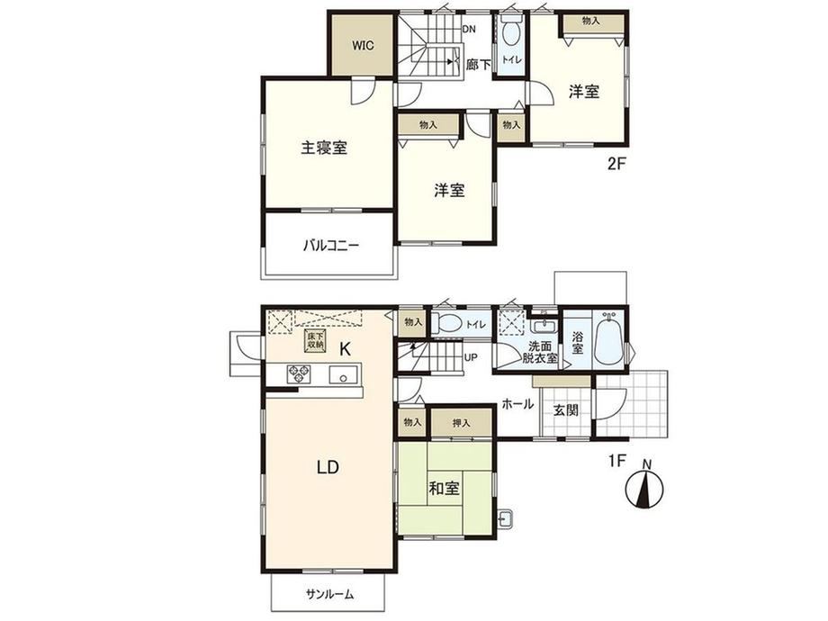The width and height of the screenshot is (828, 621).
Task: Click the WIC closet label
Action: pos(363,45)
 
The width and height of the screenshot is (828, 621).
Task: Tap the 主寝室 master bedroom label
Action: pos(324,148)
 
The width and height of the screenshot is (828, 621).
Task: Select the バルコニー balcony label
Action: pos(331,246)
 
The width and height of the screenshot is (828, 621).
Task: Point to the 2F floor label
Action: pos(616,164)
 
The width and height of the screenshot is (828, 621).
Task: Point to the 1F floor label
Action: pos(616,461)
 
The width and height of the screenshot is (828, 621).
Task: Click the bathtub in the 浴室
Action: pos(609,338)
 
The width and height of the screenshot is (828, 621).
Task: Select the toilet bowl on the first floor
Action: pos(445,323)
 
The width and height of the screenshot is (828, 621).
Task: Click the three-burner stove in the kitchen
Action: pos(299,374)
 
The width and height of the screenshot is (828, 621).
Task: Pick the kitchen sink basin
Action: pos(343,375)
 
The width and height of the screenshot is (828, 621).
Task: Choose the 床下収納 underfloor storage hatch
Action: pos(315,340)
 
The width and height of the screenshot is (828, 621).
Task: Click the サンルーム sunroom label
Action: pos(329,594)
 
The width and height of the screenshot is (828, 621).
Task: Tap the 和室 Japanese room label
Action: pos(444,489)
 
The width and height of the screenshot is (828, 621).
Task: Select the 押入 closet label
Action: pos(461,423)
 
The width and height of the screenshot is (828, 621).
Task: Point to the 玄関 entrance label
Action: pos(565,409)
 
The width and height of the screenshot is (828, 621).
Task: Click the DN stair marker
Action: pos(469,30)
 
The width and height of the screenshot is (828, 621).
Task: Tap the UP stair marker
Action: pos(471,357)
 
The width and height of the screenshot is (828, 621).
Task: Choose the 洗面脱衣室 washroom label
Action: pos(539,352)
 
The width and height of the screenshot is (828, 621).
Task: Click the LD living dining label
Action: pos(328,467)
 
